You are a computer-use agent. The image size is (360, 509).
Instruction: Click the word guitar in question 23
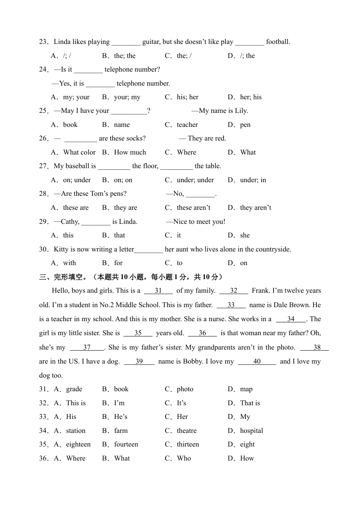[x=151, y=42]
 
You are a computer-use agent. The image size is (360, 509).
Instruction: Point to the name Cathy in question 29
[x=70, y=222]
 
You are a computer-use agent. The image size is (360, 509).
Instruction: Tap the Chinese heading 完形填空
[x=68, y=277]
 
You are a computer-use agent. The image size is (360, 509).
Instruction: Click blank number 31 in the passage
[x=158, y=291]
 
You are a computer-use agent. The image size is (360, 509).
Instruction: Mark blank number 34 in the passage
[x=291, y=319]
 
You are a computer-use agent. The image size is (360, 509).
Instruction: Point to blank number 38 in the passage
[x=317, y=347]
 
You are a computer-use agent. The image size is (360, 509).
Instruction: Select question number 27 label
[x=44, y=166]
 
